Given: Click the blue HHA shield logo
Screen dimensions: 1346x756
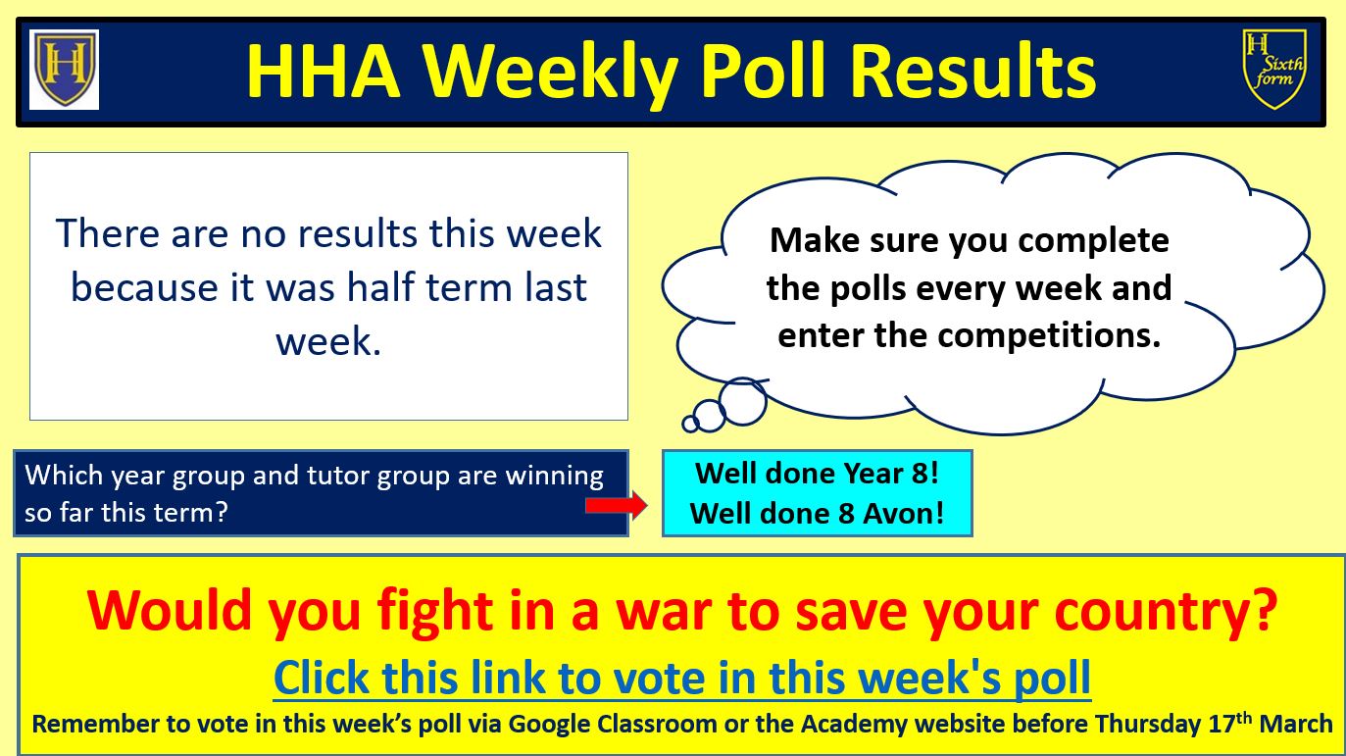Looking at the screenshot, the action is (x=65, y=69).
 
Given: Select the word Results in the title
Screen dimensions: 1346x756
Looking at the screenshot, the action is (x=973, y=71).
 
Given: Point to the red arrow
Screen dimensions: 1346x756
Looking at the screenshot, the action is (x=617, y=504).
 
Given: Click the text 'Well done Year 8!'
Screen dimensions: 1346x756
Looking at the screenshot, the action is (x=818, y=473).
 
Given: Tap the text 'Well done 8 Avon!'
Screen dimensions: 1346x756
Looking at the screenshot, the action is (x=818, y=513).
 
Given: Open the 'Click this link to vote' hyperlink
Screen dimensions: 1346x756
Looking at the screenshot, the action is (x=682, y=678).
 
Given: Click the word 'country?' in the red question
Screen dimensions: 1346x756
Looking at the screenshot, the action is (x=1167, y=611).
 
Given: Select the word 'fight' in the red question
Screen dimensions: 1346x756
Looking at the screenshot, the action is (x=435, y=611).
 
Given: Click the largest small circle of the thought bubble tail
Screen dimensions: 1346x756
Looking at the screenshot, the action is (x=743, y=402).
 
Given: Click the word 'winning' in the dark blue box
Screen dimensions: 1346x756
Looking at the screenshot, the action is (x=554, y=477).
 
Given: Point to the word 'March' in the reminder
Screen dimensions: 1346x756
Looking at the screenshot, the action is (x=1296, y=725).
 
